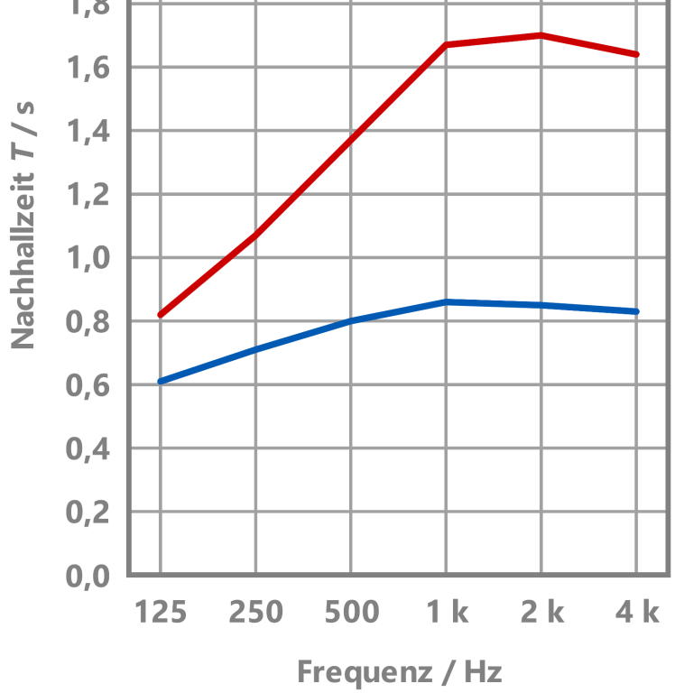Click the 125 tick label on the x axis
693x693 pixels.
pos(161,613)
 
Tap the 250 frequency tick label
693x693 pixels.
pos(255,613)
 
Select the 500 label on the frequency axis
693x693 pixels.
pos(351,613)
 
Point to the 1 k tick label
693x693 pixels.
pos(447,613)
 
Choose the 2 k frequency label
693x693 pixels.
pos(542,613)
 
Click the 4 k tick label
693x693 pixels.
pos(637,613)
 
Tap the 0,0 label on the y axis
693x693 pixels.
pos(88,576)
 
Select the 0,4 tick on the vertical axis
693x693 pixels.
pos(88,448)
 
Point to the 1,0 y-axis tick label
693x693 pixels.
pos(88,258)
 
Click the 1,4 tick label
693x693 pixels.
pos(88,132)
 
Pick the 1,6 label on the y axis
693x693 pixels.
pos(88,68)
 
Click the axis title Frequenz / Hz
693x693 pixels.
pos(399,672)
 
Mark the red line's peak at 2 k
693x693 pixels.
pos(541,35)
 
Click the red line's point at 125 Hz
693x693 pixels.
pos(161,315)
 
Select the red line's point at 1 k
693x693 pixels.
pos(447,44)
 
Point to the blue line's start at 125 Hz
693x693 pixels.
pos(161,382)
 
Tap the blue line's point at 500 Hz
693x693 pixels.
pos(351,320)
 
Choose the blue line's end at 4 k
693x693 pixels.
pos(637,311)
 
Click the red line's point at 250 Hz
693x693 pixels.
pos(255,236)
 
